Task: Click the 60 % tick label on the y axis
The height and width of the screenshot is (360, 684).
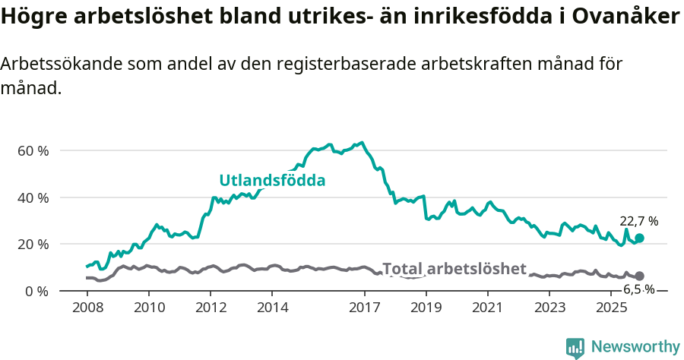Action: [33, 150]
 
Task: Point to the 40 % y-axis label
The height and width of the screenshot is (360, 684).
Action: [33, 197]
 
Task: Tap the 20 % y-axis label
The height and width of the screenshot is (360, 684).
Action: [33, 244]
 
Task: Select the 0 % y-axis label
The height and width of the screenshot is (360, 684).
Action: [36, 291]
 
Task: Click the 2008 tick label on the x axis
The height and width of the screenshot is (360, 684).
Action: [87, 308]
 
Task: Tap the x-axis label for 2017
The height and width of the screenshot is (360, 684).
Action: [364, 308]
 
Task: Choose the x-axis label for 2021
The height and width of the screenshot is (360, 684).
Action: [487, 308]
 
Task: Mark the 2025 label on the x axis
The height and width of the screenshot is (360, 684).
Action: [610, 308]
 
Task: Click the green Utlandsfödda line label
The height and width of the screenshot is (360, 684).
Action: [272, 181]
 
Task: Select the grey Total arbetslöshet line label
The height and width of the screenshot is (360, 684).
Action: [454, 269]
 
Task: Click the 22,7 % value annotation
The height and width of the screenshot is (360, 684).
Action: [639, 221]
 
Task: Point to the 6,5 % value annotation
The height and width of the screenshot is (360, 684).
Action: [638, 289]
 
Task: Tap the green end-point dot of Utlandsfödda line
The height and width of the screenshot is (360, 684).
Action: [640, 238]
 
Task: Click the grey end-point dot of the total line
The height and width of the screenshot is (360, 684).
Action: [640, 276]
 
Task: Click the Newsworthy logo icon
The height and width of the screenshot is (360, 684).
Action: [575, 347]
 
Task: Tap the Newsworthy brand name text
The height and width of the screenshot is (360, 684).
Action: [635, 347]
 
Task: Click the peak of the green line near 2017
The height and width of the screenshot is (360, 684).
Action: [361, 143]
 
